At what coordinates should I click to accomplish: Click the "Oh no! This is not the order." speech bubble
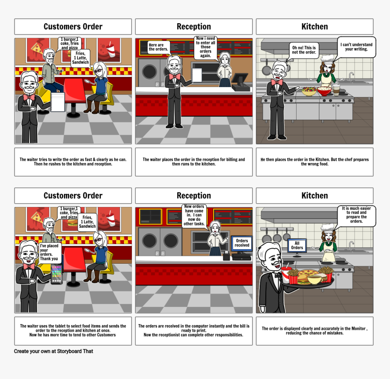[304, 50]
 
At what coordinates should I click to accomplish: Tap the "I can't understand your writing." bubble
[356, 47]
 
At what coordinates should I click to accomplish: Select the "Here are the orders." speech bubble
[158, 47]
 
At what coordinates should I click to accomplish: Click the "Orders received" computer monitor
[242, 243]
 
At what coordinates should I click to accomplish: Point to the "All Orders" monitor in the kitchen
[297, 246]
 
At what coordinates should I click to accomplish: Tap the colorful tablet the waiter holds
[57, 274]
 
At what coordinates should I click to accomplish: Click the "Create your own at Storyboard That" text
[54, 351]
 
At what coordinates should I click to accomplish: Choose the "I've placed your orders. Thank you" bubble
[50, 252]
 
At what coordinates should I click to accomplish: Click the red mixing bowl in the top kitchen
[324, 91]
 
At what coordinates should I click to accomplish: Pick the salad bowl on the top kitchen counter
[309, 91]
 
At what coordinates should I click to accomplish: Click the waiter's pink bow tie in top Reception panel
[174, 76]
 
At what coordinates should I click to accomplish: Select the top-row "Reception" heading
[194, 26]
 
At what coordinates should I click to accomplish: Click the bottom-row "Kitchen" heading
[315, 196]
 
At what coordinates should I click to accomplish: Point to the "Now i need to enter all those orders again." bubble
[205, 47]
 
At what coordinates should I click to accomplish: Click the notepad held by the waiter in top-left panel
[58, 102]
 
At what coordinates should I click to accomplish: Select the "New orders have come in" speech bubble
[194, 215]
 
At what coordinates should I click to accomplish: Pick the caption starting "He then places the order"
[315, 162]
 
